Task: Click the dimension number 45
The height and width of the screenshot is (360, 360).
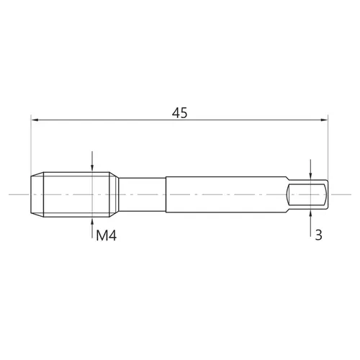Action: point(179,113)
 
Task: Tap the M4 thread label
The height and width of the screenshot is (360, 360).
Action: point(106,235)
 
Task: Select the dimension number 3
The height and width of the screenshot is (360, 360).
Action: point(318,235)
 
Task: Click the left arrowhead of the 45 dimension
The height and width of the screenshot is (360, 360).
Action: point(35,120)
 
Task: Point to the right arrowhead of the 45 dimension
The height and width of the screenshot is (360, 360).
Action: point(324,120)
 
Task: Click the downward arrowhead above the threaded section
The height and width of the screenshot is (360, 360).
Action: point(92,168)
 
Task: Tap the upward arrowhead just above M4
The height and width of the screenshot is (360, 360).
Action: point(92,221)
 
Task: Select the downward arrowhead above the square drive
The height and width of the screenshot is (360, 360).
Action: point(310,176)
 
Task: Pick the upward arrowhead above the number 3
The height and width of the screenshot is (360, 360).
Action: point(310,213)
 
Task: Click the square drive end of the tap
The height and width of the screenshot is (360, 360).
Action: point(307,194)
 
